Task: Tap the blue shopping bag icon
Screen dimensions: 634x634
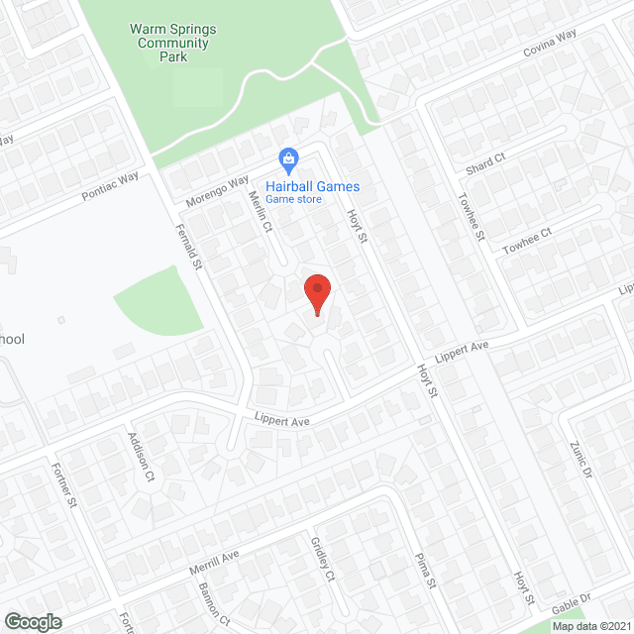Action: coord(288,159)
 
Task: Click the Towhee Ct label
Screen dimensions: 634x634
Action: coord(526,240)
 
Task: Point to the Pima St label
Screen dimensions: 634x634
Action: coord(425,570)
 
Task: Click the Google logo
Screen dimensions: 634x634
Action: coord(32,621)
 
